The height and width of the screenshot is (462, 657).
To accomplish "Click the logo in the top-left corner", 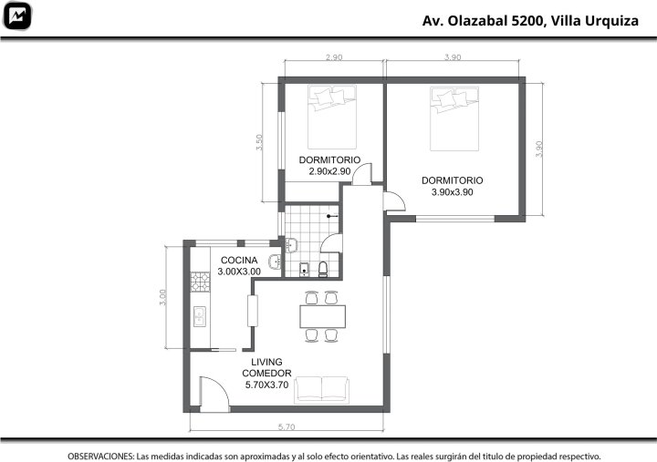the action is point(17,15).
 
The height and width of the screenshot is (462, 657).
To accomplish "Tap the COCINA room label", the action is point(239,261).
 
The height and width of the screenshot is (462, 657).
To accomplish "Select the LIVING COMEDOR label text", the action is point(266,367).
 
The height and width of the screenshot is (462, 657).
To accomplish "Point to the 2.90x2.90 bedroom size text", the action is point(329,171).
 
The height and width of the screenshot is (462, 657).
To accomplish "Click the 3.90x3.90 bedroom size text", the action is point(452,192).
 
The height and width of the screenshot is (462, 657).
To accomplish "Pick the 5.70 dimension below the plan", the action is point(287,426).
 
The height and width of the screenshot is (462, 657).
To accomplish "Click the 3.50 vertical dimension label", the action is point(259,142).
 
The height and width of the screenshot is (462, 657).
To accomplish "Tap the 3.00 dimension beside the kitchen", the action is point(162,297).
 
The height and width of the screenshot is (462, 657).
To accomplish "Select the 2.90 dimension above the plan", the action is point(334,57).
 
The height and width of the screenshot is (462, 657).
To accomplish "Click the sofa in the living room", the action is point(321,390).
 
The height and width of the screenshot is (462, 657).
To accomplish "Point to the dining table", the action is point(322,316).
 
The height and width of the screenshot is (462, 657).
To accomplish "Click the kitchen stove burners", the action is point(200,282).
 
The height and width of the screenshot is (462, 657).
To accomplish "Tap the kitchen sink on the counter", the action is point(200,316).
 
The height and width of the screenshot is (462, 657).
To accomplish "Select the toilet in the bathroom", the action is point(323,269).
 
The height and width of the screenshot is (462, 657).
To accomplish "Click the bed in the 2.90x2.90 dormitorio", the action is point(332,118).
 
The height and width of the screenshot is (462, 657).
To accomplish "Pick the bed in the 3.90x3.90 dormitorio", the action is point(454,118).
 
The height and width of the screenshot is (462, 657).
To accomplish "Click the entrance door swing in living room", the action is point(214,394).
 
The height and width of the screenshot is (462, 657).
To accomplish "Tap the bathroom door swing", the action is point(331,243).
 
